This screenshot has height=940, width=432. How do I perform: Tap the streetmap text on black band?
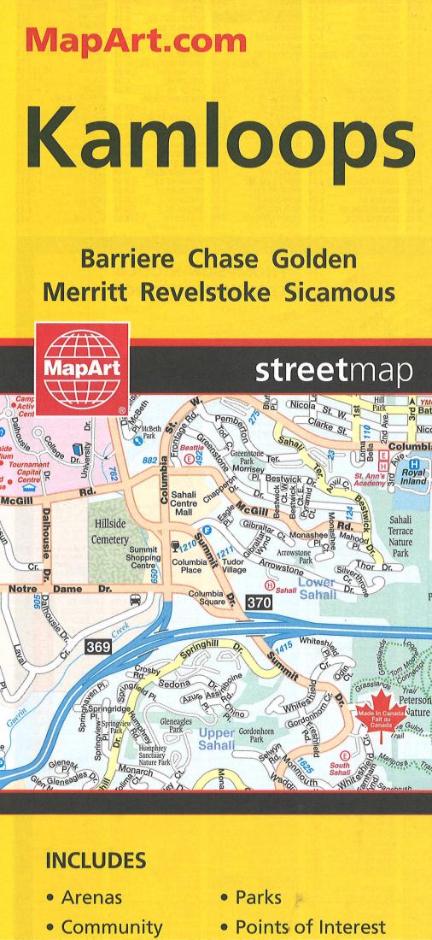(x=335, y=372)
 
